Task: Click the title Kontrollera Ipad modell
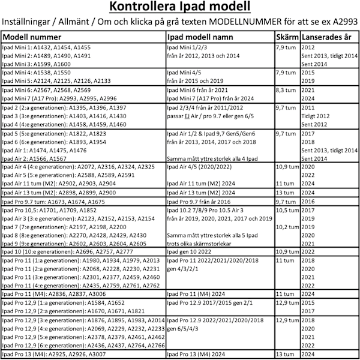[179, 8]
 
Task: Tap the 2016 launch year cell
[308, 203]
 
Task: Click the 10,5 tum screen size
[287, 212]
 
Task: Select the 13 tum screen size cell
[285, 355]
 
